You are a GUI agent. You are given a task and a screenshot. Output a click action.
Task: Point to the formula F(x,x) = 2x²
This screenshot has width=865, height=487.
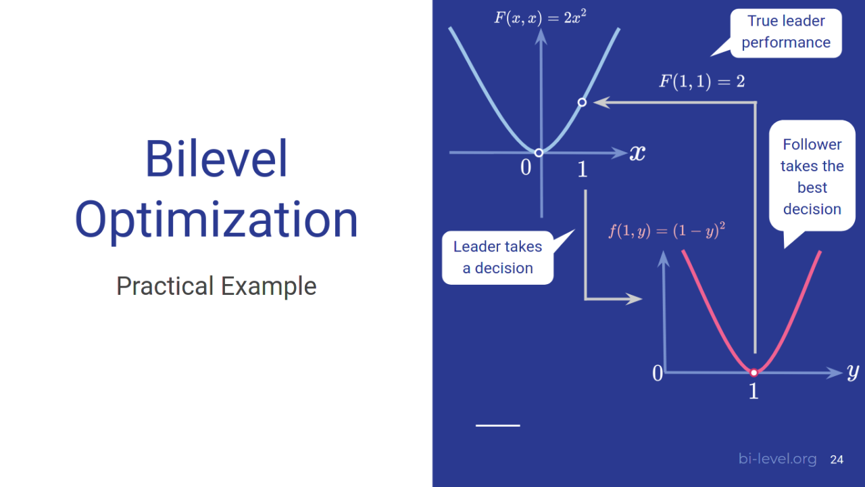540,17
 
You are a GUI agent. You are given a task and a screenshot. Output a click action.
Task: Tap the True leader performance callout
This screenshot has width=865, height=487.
785,32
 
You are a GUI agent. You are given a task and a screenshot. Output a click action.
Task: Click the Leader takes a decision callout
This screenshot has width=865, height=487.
497,258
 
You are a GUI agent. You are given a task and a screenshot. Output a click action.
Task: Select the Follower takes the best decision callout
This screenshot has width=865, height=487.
812,177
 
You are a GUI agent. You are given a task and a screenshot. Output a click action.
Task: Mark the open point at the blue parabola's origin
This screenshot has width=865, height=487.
539,153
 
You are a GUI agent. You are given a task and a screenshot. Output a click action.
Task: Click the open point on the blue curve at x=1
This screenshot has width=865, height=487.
582,103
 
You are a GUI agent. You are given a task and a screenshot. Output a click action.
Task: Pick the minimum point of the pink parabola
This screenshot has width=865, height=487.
754,372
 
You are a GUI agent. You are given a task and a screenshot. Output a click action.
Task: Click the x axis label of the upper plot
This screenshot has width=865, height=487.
637,153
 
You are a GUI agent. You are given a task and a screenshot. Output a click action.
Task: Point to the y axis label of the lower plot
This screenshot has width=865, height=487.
853,371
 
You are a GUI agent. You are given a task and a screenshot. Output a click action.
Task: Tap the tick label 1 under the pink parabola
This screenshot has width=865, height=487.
753,392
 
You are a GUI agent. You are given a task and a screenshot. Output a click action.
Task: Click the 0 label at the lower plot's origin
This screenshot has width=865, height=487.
658,373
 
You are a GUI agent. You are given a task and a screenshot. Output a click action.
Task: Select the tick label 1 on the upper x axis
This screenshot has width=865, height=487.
583,170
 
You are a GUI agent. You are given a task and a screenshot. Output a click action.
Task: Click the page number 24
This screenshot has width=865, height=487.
837,460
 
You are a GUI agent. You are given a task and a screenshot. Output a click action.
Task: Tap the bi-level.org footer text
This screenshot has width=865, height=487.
777,460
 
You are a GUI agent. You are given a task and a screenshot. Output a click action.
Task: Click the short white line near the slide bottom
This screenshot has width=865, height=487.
498,425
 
